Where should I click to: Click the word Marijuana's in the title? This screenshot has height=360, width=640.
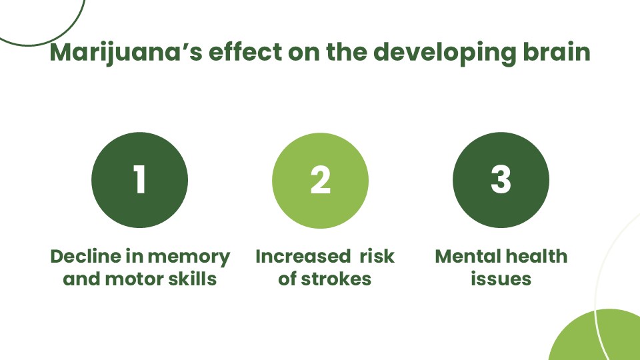click(126, 53)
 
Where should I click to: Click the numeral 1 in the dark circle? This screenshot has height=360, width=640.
click(139, 179)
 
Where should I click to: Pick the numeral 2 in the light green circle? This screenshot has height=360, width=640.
click(321, 179)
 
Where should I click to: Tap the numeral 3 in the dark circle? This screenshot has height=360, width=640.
click(501, 179)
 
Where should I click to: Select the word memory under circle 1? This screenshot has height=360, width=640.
click(189, 258)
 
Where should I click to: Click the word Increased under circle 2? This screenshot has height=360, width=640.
click(303, 256)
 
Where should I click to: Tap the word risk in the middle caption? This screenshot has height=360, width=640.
click(377, 256)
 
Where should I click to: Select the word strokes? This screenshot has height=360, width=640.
click(336, 279)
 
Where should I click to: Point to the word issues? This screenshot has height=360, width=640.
click(501, 279)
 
